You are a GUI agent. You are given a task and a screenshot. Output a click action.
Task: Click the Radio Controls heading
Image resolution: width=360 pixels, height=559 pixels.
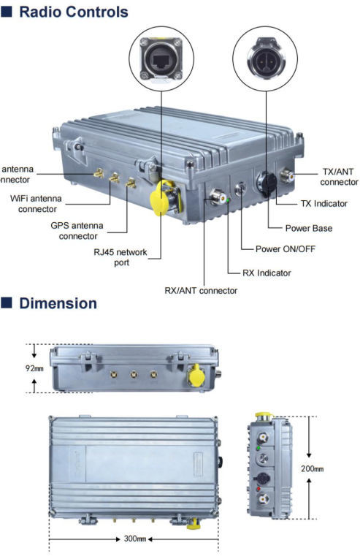[74, 12]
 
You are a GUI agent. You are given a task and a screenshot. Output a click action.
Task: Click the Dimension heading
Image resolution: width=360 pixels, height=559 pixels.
[58, 303]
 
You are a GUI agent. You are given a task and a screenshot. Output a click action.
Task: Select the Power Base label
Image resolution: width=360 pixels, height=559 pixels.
[308, 228]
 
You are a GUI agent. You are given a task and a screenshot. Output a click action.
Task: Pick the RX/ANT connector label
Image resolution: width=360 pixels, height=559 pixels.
[201, 290]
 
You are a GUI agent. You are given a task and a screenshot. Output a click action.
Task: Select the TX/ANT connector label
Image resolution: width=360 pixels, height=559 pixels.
[338, 176]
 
